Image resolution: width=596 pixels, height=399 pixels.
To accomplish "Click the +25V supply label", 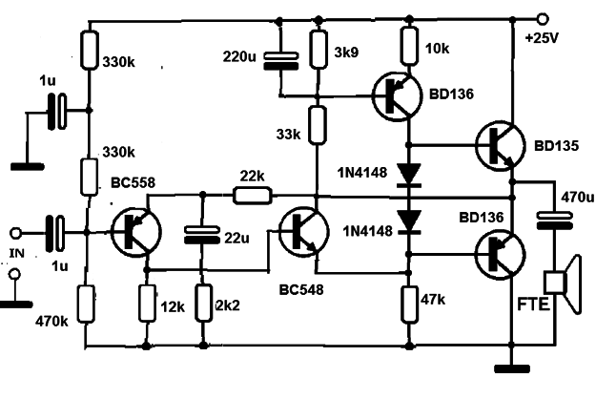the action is pyautogui.click(x=542, y=38).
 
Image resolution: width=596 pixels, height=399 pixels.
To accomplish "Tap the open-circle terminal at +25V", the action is pyautogui.click(x=543, y=18).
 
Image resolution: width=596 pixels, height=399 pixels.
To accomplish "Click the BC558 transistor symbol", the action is pyautogui.click(x=136, y=232).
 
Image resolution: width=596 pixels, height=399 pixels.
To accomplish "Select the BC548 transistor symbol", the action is pyautogui.click(x=303, y=232).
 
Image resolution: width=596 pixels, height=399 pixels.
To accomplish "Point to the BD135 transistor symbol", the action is pyautogui.click(x=501, y=146).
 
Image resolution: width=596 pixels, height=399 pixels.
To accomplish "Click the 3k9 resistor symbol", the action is pyautogui.click(x=319, y=50).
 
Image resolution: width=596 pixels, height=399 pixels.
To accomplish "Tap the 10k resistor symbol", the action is pyautogui.click(x=409, y=45).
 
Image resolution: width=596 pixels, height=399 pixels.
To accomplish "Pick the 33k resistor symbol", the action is pyautogui.click(x=317, y=125).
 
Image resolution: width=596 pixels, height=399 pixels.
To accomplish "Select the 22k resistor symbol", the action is pyautogui.click(x=253, y=195).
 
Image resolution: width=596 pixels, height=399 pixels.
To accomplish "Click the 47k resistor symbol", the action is pyautogui.click(x=410, y=304).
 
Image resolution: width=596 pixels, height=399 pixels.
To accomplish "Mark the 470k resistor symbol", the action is pyautogui.click(x=86, y=304).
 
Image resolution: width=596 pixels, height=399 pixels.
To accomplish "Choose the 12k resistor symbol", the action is pyautogui.click(x=147, y=304).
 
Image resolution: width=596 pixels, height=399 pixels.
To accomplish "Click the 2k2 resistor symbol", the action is pyautogui.click(x=204, y=304).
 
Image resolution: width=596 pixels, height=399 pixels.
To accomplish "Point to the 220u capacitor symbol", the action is pyautogui.click(x=281, y=61).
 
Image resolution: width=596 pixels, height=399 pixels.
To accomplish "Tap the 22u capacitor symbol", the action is pyautogui.click(x=201, y=235).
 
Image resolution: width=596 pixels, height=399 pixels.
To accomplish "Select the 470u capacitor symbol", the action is pyautogui.click(x=555, y=221).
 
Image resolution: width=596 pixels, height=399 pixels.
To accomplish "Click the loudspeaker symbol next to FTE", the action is pyautogui.click(x=563, y=283).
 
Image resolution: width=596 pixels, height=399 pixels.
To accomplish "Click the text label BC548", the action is pyautogui.click(x=301, y=290).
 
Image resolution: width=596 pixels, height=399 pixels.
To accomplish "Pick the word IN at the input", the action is pyautogui.click(x=16, y=253).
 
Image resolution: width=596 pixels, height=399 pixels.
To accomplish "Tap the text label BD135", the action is pyautogui.click(x=557, y=146).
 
